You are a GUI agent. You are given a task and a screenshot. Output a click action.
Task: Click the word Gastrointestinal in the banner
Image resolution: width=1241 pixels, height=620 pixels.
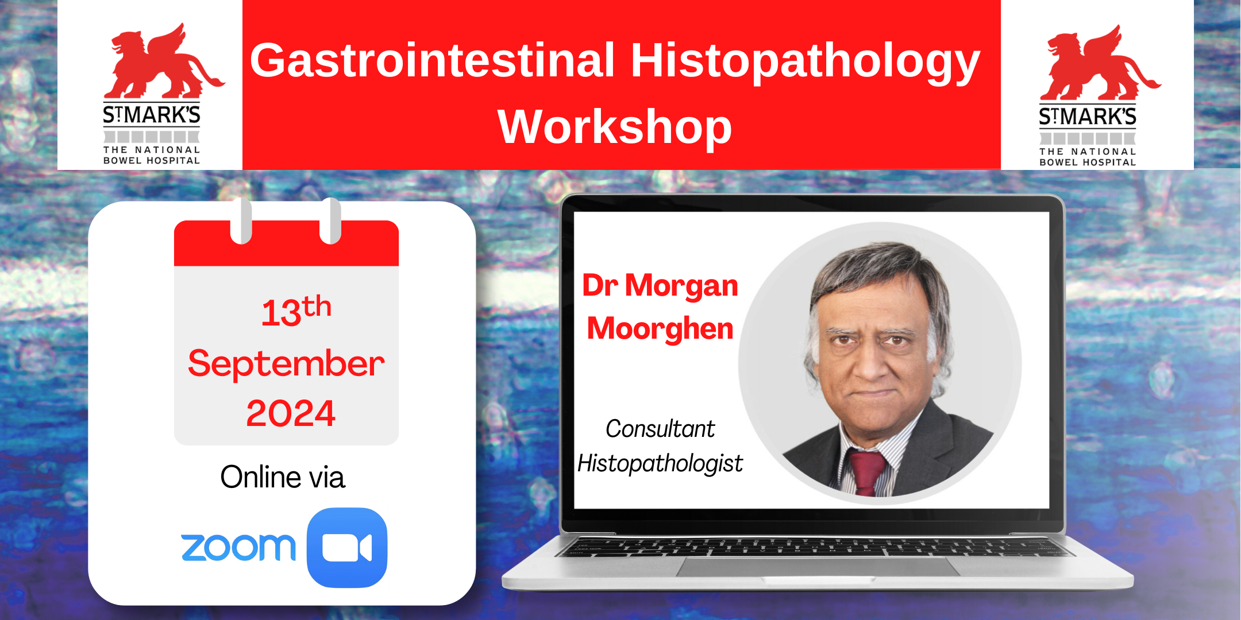pyautogui.click(x=433, y=61)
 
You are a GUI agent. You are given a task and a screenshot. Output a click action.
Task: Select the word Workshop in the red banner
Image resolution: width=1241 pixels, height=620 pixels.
pyautogui.click(x=615, y=127)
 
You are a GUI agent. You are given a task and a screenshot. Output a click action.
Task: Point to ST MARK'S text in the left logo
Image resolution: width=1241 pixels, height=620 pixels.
pyautogui.click(x=152, y=115)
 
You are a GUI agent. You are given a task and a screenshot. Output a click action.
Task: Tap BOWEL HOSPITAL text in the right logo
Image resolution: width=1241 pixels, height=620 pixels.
pyautogui.click(x=1088, y=162)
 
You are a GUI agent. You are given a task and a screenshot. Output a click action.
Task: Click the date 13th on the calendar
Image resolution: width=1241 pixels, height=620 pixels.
pyautogui.click(x=296, y=312)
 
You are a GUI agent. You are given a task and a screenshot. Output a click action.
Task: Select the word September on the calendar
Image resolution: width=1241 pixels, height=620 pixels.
pyautogui.click(x=286, y=364)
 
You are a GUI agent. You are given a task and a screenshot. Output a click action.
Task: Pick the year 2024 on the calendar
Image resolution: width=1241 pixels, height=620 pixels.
pyautogui.click(x=291, y=413)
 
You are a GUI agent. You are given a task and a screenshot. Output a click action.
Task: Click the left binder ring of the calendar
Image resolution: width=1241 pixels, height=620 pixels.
pyautogui.click(x=241, y=221)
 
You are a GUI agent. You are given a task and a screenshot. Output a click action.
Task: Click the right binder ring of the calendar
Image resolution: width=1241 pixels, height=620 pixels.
pyautogui.click(x=331, y=221)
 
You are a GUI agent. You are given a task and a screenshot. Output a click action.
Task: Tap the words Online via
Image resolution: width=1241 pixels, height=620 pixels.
pyautogui.click(x=283, y=477)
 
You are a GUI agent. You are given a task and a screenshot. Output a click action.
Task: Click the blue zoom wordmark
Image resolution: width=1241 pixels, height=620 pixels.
pyautogui.click(x=238, y=547)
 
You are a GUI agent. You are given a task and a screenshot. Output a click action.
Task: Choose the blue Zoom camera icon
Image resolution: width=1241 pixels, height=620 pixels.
pyautogui.click(x=347, y=548)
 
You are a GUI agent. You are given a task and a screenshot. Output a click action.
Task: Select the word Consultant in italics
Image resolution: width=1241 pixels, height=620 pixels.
pyautogui.click(x=660, y=429)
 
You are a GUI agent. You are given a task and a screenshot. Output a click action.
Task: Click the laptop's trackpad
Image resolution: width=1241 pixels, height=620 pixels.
pyautogui.click(x=819, y=566)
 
